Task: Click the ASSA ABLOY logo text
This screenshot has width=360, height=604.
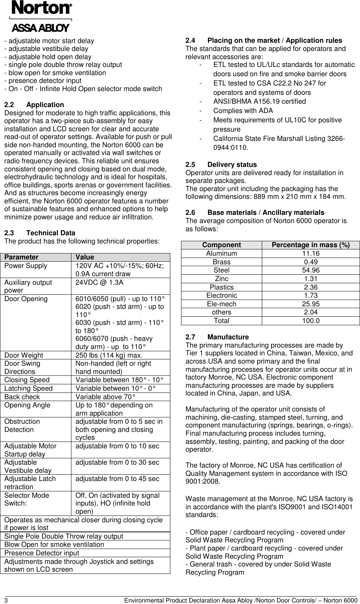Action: (41, 28)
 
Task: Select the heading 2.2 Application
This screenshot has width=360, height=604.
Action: (34, 105)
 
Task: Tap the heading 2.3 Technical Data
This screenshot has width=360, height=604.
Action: (39, 233)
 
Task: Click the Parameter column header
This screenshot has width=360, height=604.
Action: (22, 257)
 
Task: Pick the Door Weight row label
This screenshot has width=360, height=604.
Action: (24, 355)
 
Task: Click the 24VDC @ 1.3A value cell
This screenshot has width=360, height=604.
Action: (100, 282)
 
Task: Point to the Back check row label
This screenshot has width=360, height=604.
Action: (22, 397)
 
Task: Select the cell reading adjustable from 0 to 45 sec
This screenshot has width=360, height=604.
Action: (117, 479)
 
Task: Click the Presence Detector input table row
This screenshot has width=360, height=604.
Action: (42, 553)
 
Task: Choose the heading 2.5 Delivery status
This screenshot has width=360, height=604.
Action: (221, 165)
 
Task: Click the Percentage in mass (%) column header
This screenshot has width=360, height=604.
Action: (311, 245)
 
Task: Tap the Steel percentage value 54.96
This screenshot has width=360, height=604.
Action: (311, 270)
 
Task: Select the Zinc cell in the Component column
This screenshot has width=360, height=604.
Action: (222, 279)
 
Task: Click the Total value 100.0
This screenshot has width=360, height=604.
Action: (311, 321)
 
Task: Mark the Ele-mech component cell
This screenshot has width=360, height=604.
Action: (222, 304)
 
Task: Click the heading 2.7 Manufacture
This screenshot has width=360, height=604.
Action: (217, 337)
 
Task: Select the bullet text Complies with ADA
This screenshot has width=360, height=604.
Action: (243, 111)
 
